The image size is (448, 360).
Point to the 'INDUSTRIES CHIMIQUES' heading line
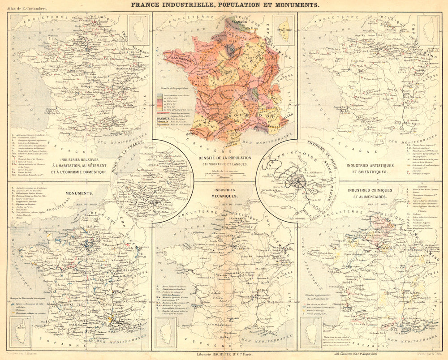pyautogui.click(x=370, y=190)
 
